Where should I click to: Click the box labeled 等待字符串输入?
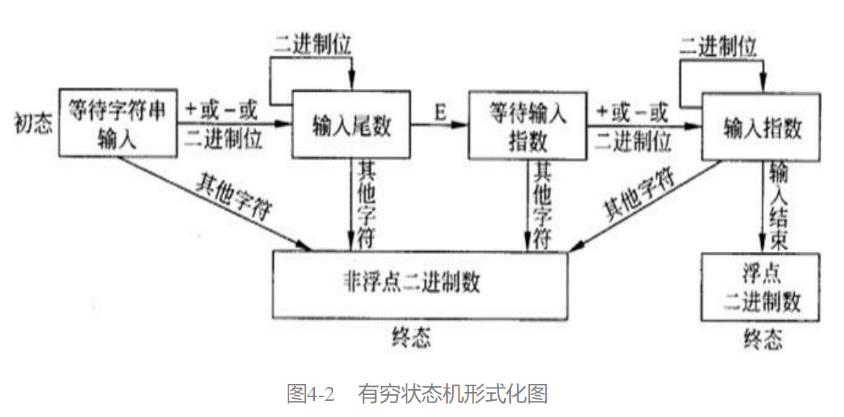117,125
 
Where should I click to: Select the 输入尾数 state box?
352,126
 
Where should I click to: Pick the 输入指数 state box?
761,126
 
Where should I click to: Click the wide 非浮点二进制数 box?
420,285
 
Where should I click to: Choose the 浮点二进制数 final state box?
761,287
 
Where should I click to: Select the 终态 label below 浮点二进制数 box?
763,340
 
